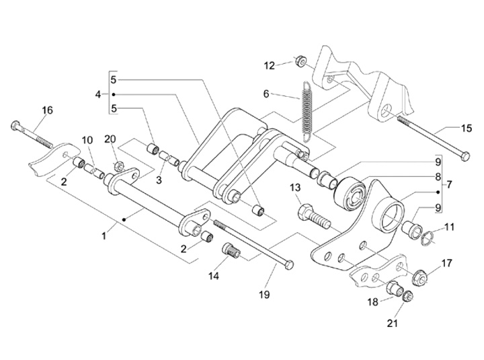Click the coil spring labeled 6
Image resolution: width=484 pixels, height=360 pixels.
point(307,111)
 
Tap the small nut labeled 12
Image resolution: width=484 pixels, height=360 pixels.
point(299,61)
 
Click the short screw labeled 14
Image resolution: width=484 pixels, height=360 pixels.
point(231,250)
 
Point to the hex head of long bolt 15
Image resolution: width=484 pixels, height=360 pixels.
point(465,155)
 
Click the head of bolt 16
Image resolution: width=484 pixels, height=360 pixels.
point(16,125)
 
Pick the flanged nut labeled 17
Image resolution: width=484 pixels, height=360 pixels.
point(419,277)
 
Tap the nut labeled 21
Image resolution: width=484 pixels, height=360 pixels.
point(407,296)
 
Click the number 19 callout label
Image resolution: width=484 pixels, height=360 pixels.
point(264,294)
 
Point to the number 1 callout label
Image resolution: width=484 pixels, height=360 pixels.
point(104,236)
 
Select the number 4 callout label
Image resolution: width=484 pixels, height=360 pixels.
point(98,94)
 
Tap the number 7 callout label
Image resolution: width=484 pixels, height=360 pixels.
point(449,184)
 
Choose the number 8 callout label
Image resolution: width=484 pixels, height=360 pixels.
point(438,176)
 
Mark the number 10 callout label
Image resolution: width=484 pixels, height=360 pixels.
point(87,140)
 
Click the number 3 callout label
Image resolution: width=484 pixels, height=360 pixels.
point(159,180)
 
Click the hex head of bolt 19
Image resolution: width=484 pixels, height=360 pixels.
point(289,265)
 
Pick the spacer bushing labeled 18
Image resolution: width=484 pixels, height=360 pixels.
point(394,289)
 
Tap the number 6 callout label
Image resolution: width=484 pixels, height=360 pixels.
point(266,94)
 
